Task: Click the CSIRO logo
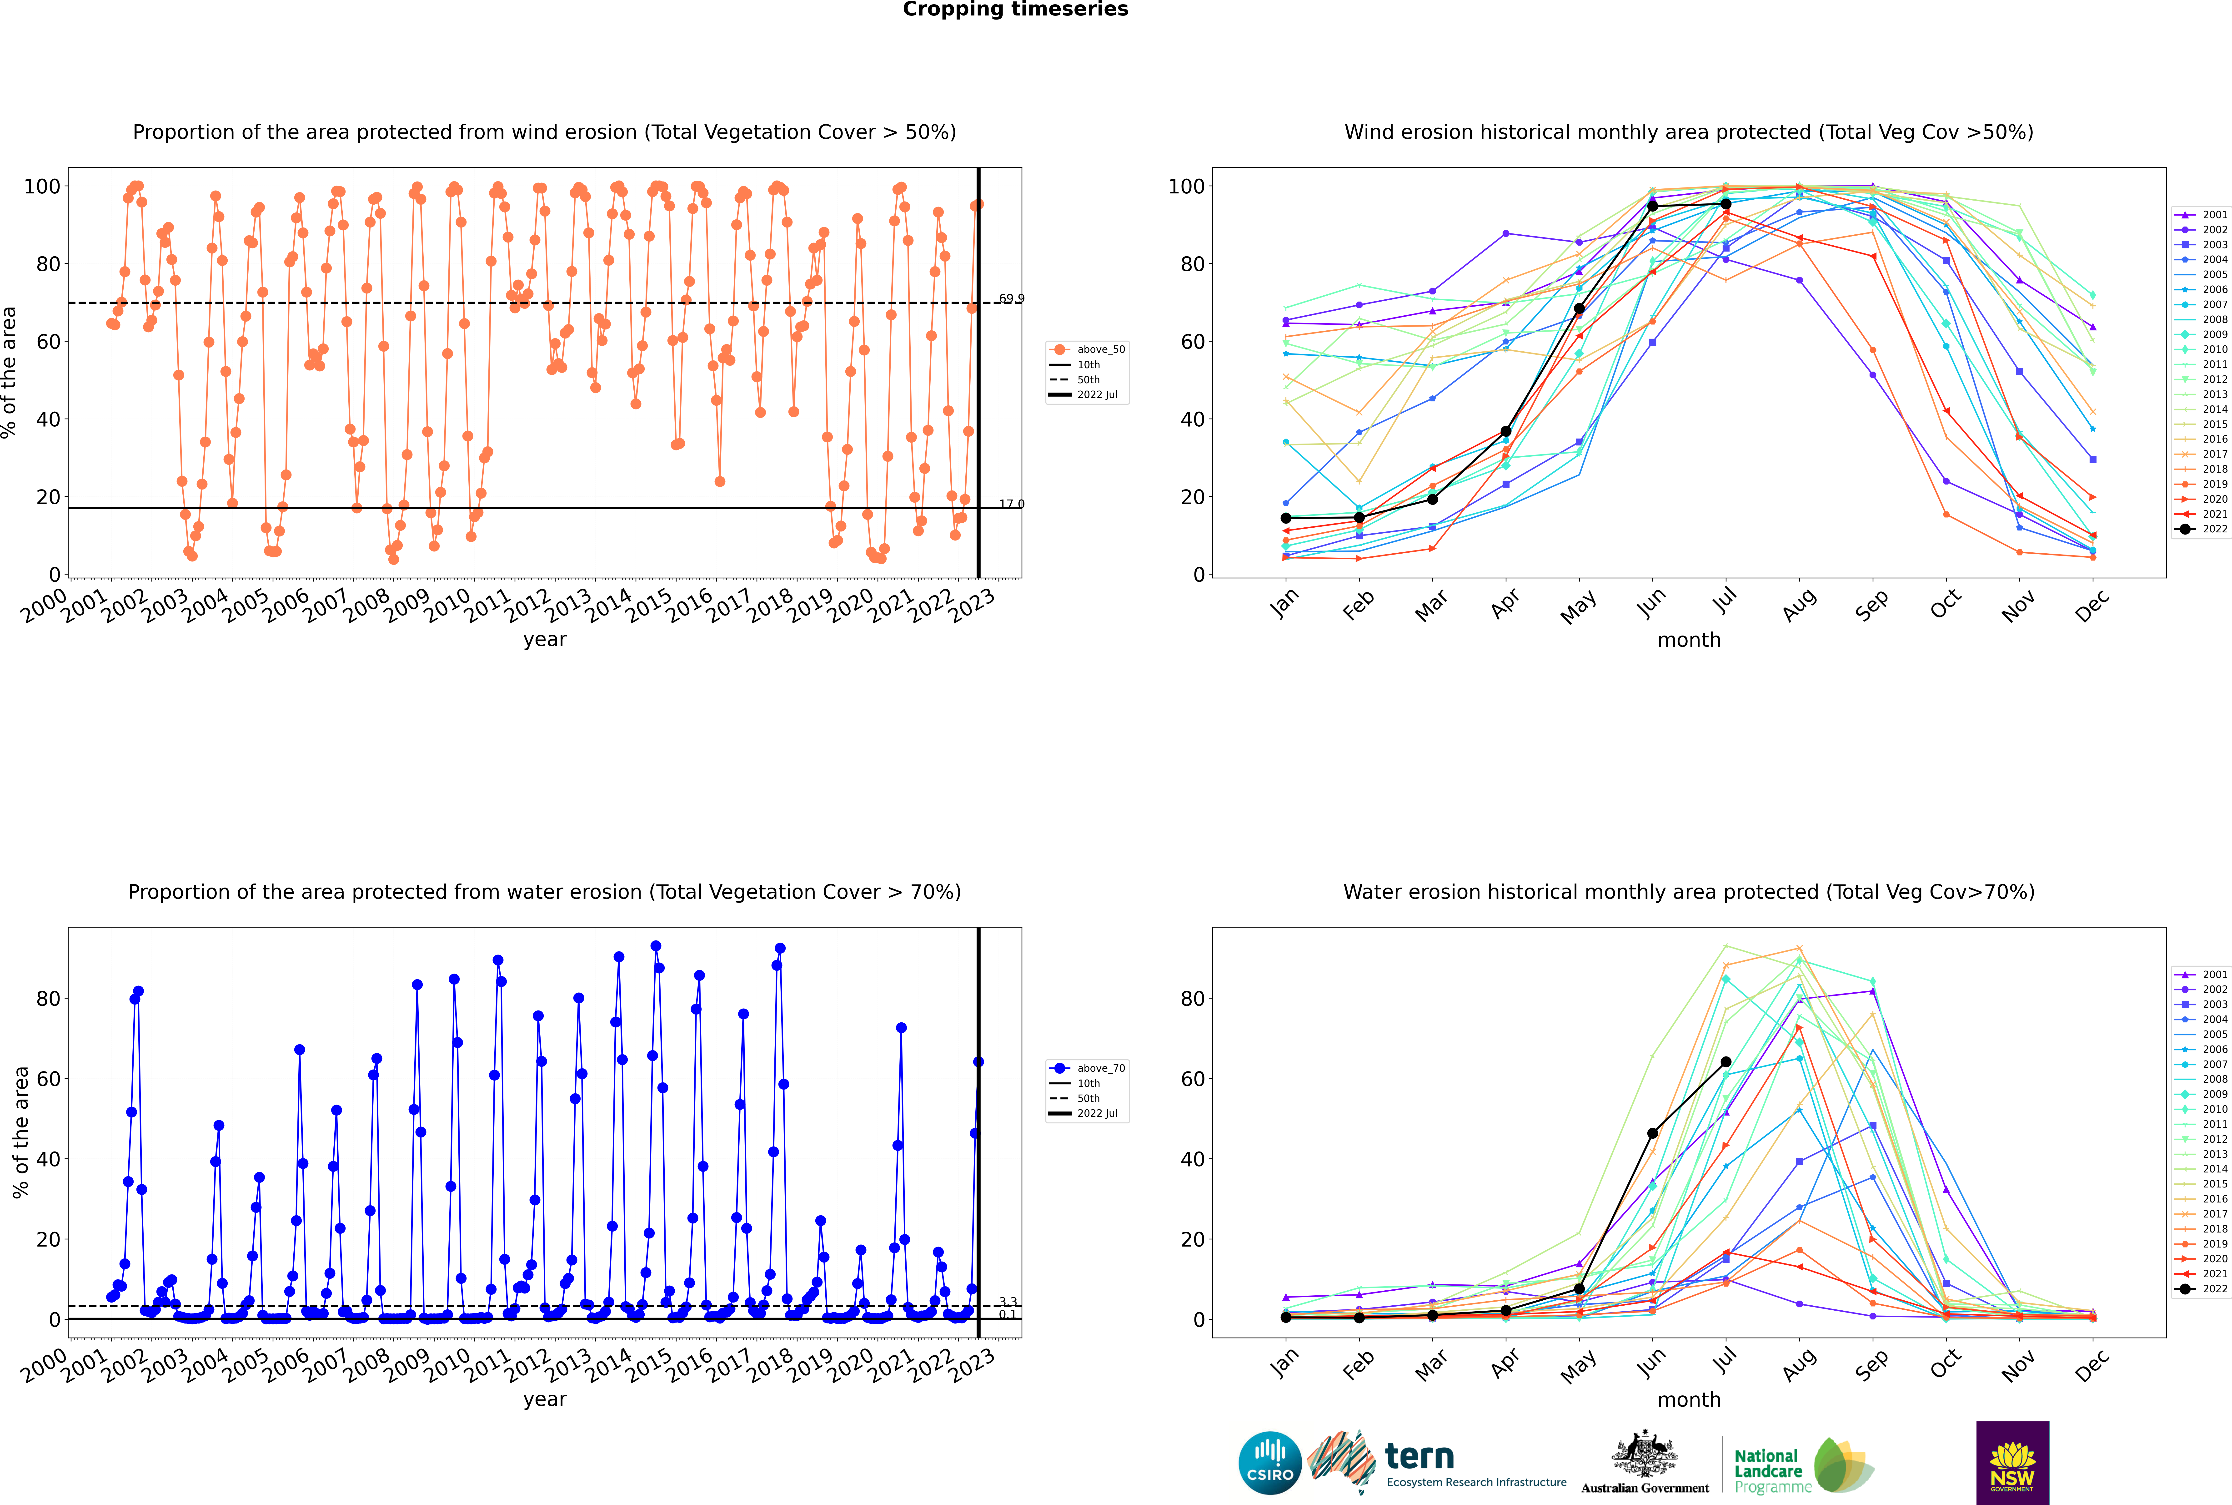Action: coord(1269,1464)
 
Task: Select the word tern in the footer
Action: coord(1419,1457)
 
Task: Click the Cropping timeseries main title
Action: coord(1015,10)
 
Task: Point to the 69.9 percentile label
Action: coord(1011,298)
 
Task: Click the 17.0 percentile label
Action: coord(1011,504)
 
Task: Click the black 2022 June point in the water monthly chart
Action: coord(1652,1134)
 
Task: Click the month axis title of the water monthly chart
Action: coord(1689,1399)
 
